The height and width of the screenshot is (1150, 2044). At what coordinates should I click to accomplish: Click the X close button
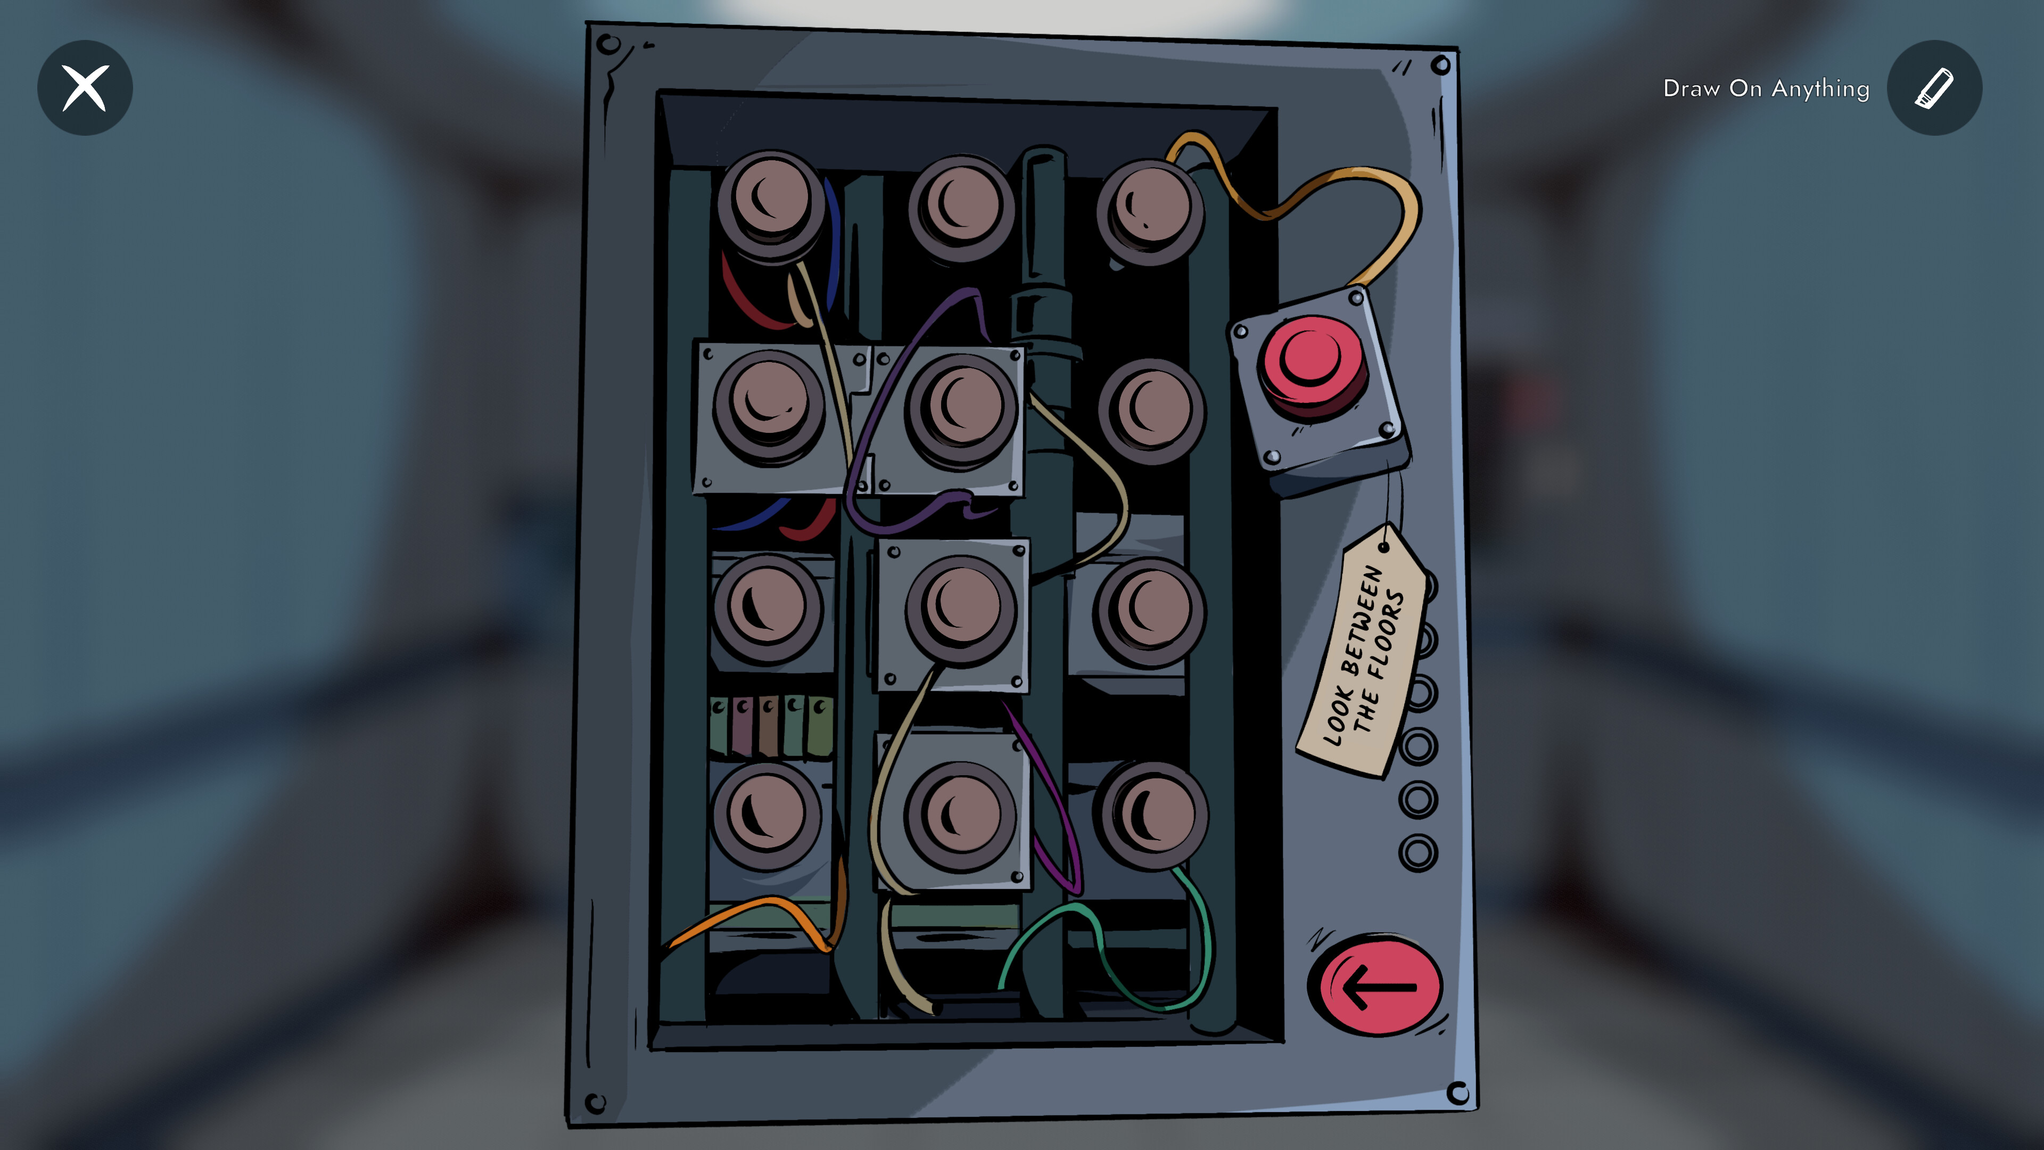coord(85,87)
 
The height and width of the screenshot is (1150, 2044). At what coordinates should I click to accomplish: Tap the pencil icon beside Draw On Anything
coord(1934,87)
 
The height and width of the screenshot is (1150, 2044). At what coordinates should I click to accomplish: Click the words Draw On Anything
coord(1766,88)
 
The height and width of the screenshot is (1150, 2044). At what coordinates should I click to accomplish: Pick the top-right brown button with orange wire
coord(1150,212)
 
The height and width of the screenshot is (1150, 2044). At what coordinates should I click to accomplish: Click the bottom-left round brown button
coord(767,816)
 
